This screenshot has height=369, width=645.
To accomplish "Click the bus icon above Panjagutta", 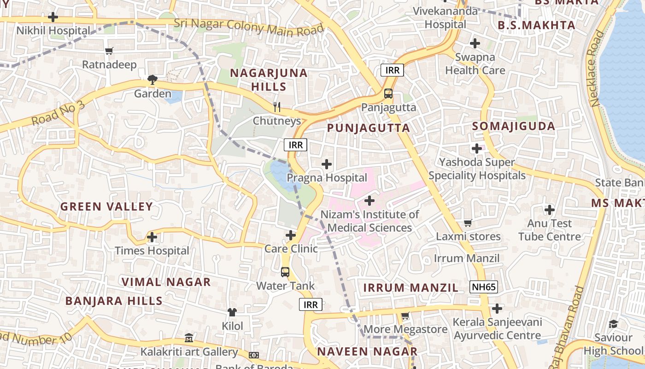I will pos(388,94).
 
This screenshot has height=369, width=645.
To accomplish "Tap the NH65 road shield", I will pos(484,287).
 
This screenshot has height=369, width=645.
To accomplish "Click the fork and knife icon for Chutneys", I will pos(276,107).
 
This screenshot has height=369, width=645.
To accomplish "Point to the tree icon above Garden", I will pos(152,80).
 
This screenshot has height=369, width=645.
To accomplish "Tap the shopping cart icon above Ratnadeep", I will pos(109,51).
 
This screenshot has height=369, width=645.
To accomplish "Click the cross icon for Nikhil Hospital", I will pos(53,17).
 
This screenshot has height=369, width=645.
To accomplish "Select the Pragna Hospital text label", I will pos(327,178).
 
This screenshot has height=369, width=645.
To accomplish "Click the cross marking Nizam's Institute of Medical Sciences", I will pos(369,201).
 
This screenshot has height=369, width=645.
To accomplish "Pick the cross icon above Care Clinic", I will pos(291,235).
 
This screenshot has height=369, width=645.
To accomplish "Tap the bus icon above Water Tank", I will pos(285,272).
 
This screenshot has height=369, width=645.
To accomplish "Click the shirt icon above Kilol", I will pos(232,312).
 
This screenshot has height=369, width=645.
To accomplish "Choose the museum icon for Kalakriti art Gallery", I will pos(189,338).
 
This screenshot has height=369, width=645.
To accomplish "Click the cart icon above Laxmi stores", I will pos(468,223).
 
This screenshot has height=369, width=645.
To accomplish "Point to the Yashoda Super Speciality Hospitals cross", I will pos(477,149).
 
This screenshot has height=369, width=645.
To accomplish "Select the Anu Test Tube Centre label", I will pos(549,230).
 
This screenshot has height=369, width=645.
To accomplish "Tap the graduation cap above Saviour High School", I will pos(613,324).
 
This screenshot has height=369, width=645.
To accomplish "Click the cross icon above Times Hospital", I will pos(152,238).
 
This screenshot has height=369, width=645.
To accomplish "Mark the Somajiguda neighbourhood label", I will pos(514,126).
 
